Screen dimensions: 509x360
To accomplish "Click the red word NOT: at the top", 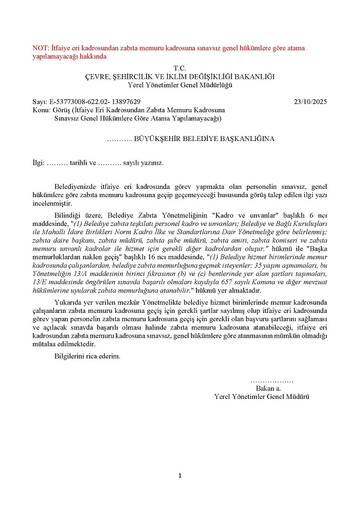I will coord(40,48).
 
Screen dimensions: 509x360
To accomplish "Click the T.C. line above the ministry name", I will coord(179,68).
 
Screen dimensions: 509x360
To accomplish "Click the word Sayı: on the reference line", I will coord(39,102).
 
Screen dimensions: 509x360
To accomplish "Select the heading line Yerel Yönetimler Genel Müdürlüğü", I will coord(180,84).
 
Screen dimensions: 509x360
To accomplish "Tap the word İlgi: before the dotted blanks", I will coord(39,163).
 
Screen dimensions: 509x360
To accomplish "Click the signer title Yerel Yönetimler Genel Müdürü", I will coord(262,397).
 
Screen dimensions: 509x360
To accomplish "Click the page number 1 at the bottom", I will coord(179,476).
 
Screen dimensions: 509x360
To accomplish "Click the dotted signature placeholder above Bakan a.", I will coord(272,380).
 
